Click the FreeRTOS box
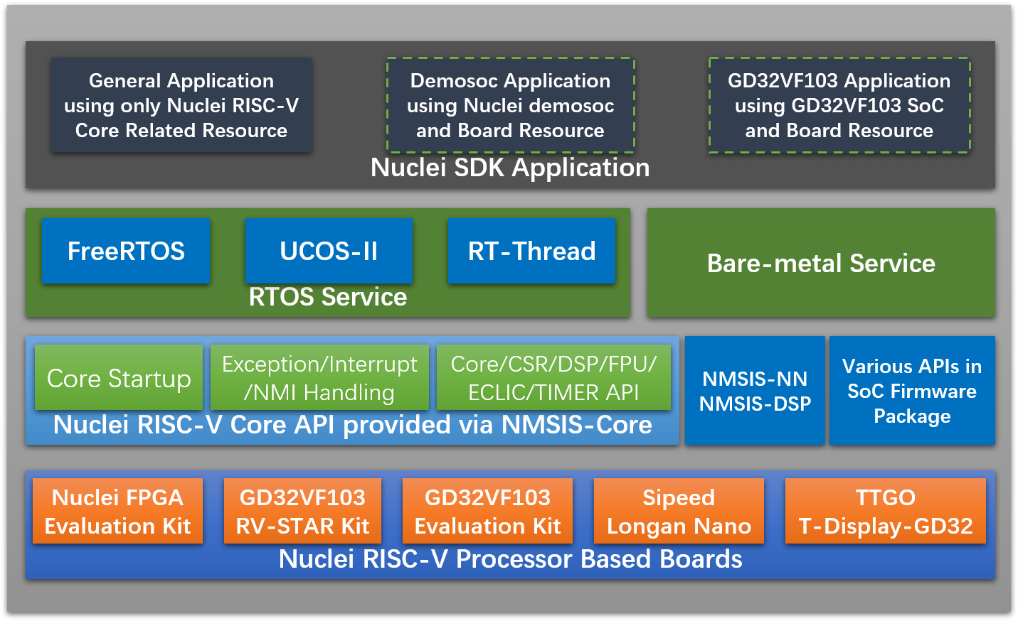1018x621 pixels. [126, 251]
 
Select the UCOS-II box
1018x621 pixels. [329, 251]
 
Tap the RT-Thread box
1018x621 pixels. [531, 251]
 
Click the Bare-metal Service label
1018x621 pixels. [820, 263]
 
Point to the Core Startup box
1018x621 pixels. [119, 378]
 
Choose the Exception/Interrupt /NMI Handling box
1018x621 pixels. [319, 378]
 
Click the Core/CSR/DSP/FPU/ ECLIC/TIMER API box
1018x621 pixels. [553, 378]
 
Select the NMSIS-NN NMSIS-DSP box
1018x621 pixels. [755, 391]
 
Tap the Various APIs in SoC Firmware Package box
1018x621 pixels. [912, 391]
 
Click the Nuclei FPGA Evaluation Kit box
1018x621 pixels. [117, 512]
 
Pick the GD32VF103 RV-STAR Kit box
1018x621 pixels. [302, 512]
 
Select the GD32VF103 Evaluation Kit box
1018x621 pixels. [487, 512]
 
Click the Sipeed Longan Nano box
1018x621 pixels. [679, 512]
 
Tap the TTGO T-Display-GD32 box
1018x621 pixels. [885, 512]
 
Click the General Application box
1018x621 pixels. [181, 105]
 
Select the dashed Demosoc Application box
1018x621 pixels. [510, 105]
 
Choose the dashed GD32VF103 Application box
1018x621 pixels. [839, 105]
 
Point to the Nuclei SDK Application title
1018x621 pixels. [510, 168]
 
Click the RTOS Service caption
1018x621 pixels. [327, 297]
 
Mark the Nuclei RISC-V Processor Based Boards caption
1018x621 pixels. [510, 559]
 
